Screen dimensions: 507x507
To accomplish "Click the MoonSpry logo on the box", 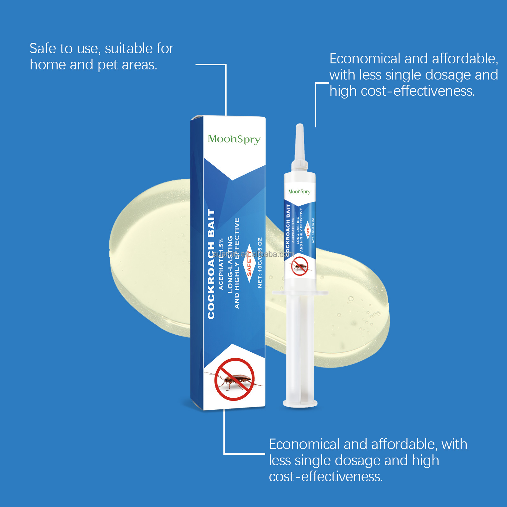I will tap(234, 139).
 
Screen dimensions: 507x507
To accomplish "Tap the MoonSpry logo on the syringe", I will tap(299, 191).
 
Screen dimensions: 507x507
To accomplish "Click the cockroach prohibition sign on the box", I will tap(234, 379).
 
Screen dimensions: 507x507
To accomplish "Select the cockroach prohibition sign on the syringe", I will tap(299, 266).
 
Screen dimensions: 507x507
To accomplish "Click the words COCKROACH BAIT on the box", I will tap(211, 264).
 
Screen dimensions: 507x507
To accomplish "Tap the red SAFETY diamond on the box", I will tap(249, 263).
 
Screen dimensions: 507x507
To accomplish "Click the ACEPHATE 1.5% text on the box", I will tap(221, 264).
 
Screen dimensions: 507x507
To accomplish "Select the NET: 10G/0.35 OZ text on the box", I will tap(260, 262).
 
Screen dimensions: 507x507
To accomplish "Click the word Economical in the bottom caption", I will tap(304, 444).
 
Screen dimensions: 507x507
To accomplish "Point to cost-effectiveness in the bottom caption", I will tap(326, 477).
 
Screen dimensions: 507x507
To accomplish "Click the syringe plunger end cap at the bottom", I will tap(300, 403).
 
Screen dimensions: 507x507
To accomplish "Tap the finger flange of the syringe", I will tap(300, 292).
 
